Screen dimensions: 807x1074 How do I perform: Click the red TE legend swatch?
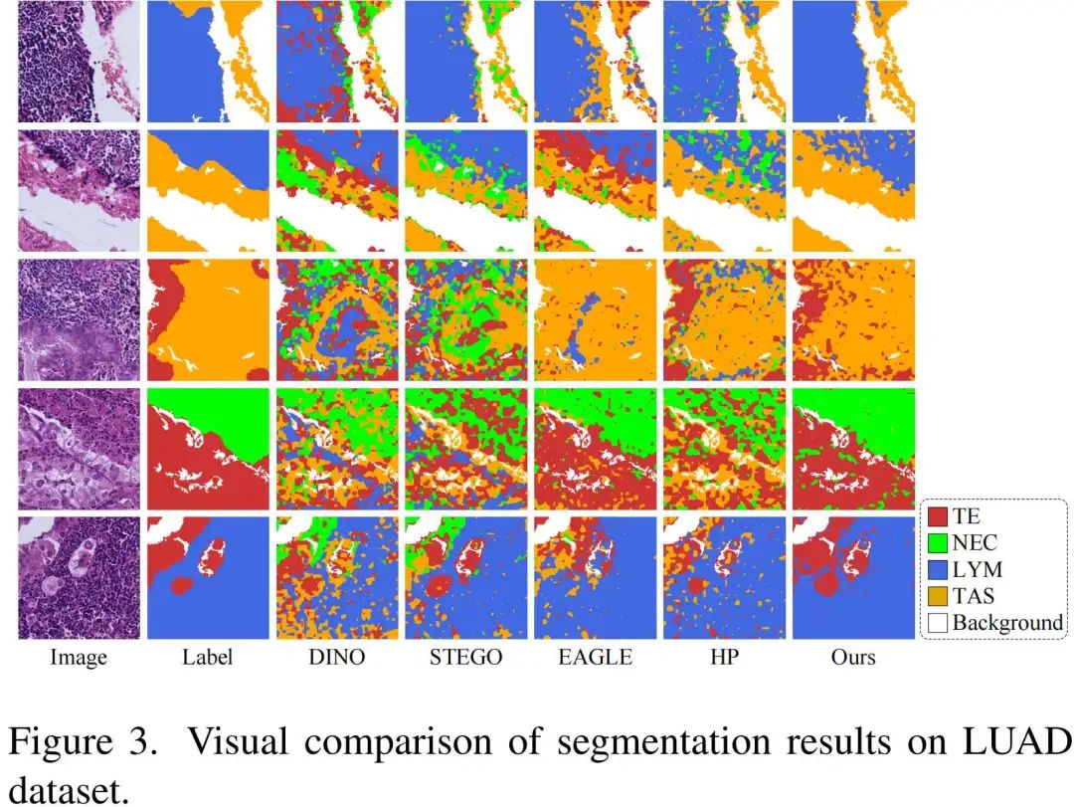pos(936,517)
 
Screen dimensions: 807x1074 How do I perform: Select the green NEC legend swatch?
pos(936,543)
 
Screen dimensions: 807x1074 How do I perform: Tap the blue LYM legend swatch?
pos(936,570)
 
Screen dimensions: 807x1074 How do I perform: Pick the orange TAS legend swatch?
pos(936,596)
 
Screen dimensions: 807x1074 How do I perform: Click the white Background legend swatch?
pos(936,623)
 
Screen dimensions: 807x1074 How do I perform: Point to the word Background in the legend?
pos(1007,623)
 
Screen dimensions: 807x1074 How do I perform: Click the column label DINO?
pos(337,657)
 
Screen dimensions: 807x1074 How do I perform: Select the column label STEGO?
pos(465,657)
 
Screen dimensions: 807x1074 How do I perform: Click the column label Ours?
pos(853,657)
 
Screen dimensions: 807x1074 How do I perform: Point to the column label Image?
pos(79,657)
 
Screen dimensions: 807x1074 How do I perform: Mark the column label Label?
pos(208,657)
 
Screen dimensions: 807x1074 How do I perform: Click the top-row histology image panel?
pos(79,62)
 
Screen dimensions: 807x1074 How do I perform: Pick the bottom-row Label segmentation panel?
pos(208,578)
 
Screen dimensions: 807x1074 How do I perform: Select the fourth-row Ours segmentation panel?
pos(853,449)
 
